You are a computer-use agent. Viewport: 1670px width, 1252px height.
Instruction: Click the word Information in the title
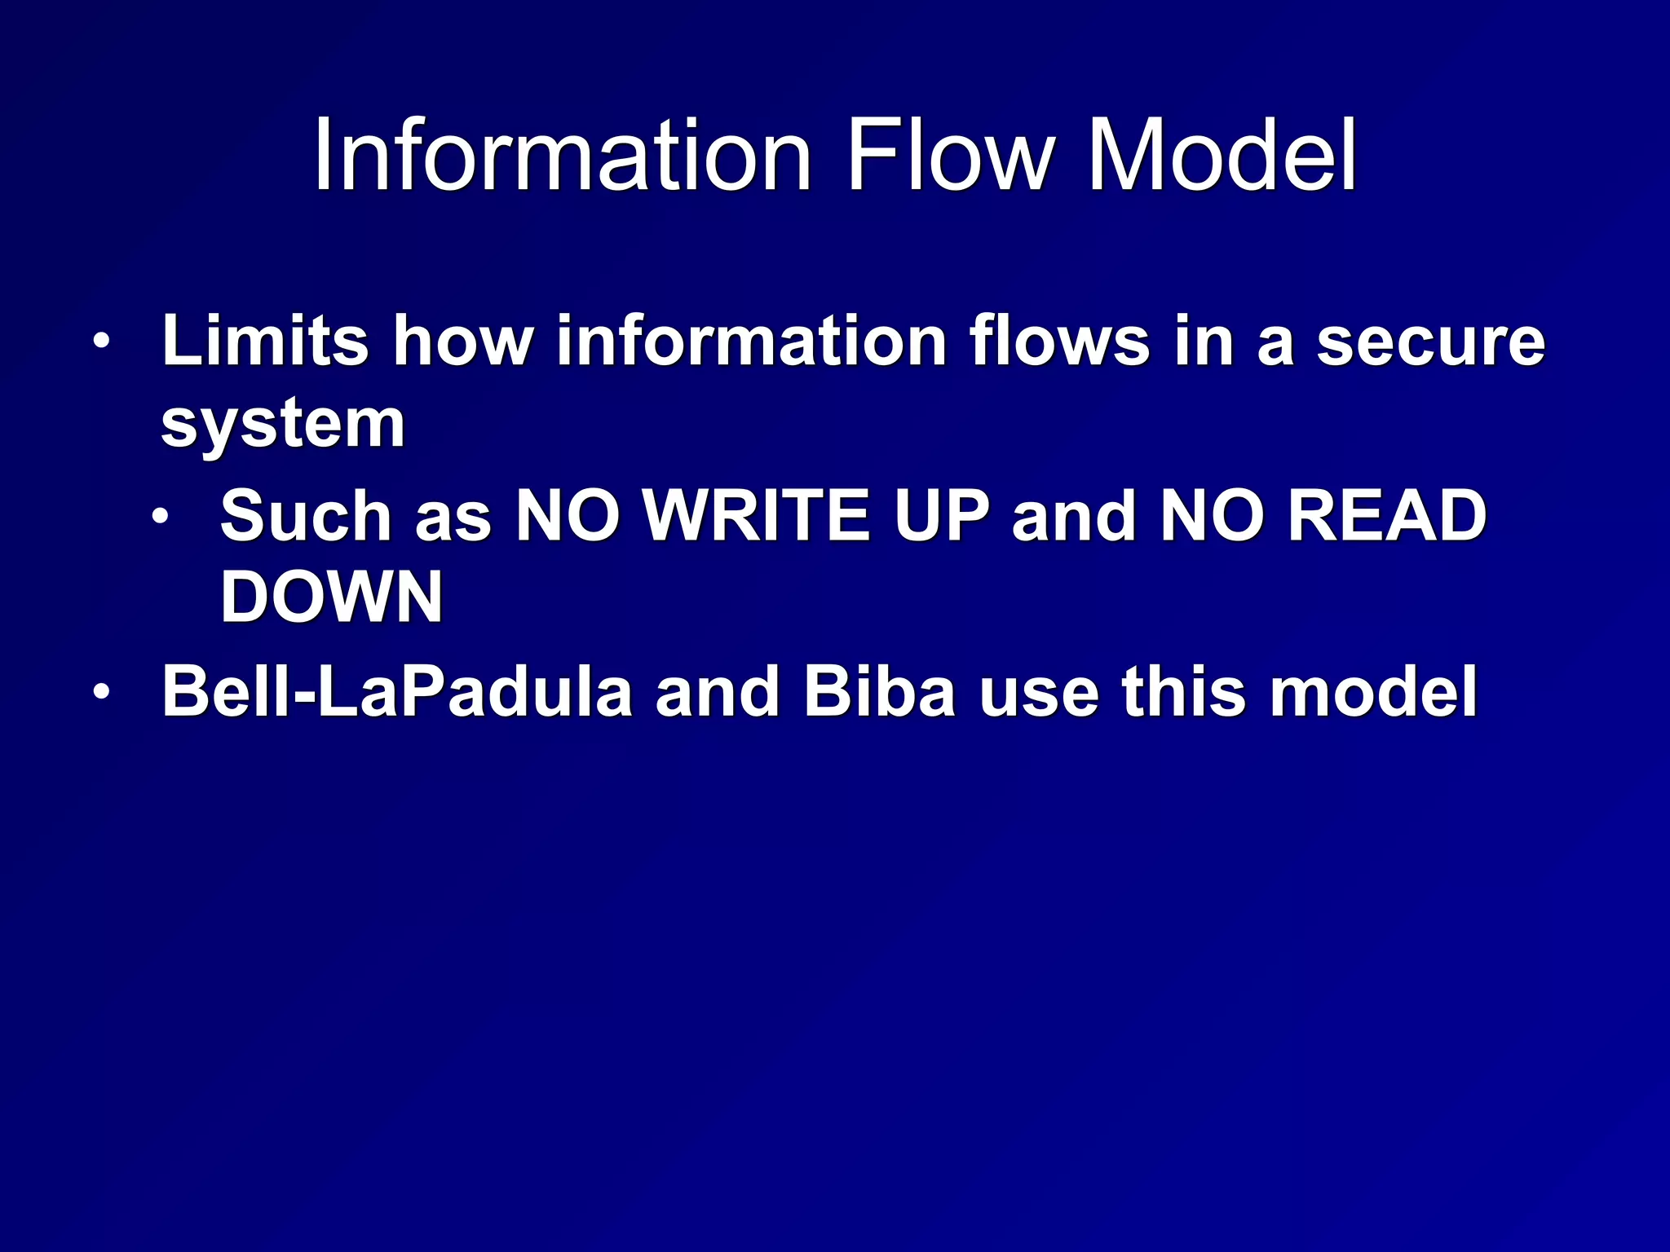pyautogui.click(x=563, y=155)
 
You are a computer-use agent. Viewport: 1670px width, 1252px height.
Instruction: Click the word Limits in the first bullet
pyautogui.click(x=265, y=341)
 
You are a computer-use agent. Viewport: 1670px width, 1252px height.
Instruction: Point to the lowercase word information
pyautogui.click(x=750, y=341)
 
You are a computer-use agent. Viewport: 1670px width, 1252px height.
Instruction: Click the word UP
pyautogui.click(x=941, y=517)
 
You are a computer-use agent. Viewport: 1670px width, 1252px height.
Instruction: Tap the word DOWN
pyautogui.click(x=332, y=597)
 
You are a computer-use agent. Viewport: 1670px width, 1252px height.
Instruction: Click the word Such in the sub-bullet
pyautogui.click(x=306, y=515)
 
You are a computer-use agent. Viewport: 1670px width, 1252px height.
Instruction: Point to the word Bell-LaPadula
pyautogui.click(x=397, y=691)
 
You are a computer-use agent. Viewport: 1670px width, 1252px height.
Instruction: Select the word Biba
pyautogui.click(x=879, y=691)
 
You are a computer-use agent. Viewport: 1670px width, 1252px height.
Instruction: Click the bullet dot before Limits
pyautogui.click(x=100, y=341)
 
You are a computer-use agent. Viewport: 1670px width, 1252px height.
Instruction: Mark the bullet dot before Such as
pyautogui.click(x=161, y=516)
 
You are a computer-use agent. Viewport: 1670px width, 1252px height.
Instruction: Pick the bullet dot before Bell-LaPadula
pyautogui.click(x=100, y=692)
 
